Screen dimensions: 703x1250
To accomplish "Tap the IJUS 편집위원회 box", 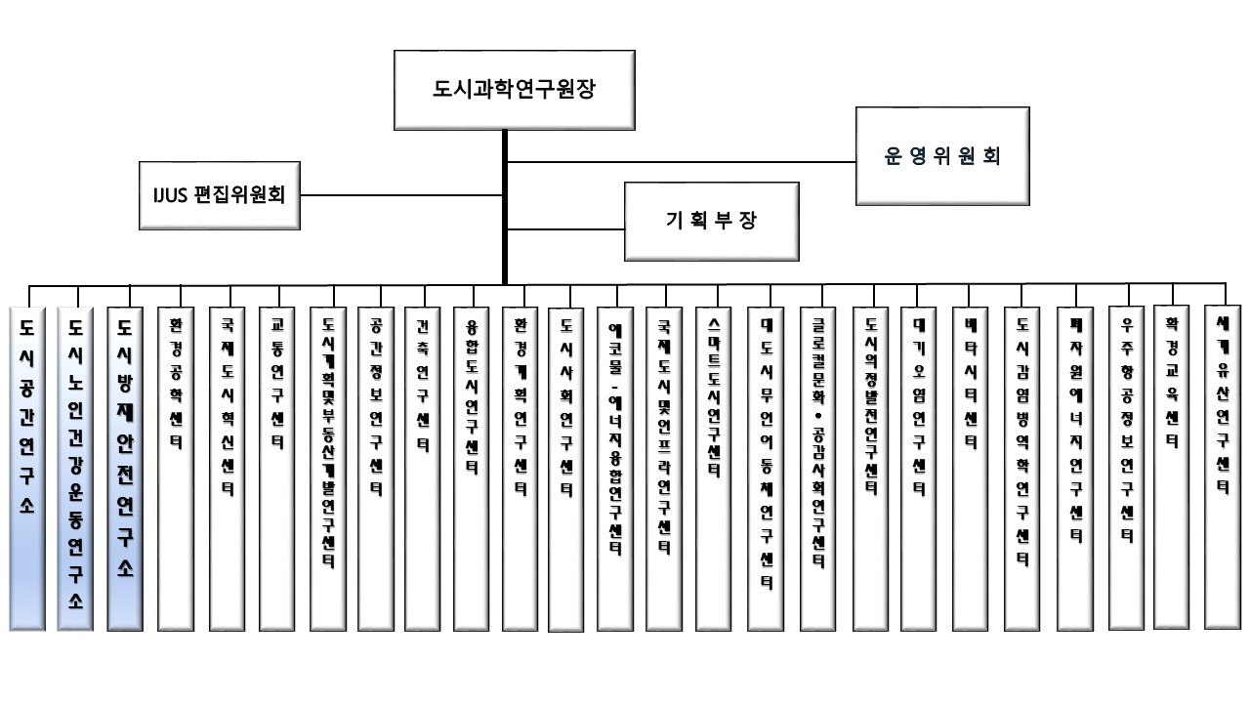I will coord(219,194).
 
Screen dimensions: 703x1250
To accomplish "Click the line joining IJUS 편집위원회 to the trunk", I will coord(400,194).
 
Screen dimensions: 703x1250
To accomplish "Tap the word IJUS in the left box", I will coord(160,194).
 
